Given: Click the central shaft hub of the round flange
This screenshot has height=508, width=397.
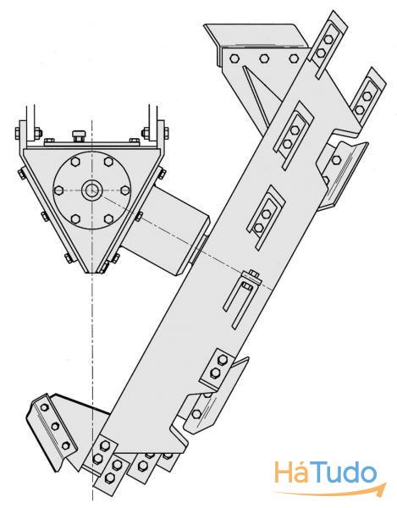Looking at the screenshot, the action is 91,190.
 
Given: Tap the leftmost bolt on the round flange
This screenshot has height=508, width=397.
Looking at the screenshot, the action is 58,190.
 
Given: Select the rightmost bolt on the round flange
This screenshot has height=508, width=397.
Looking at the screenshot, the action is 125,190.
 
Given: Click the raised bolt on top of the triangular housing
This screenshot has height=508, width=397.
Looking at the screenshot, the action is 78,135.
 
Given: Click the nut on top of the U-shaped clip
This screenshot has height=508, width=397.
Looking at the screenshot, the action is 252,274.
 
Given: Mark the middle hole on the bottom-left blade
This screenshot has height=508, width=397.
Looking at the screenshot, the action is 55,426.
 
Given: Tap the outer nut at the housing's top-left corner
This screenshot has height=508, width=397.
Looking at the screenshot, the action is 19,132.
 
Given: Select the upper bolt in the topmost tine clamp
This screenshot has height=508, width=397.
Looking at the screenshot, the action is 328,40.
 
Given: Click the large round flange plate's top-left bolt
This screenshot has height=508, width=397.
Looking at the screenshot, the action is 75,162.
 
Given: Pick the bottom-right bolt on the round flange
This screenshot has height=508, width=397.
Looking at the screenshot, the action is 108,219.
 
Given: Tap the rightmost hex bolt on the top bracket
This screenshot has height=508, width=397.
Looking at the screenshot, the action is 294,58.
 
